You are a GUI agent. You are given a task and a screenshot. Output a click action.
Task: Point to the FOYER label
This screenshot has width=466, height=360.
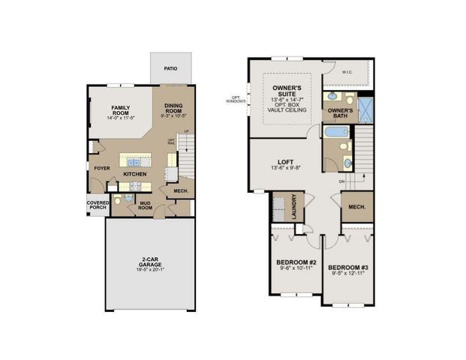tap(101, 168)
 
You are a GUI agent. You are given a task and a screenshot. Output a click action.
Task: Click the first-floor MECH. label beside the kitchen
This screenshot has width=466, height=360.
tap(180, 191)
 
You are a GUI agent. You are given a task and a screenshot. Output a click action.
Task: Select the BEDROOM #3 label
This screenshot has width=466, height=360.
tap(347, 268)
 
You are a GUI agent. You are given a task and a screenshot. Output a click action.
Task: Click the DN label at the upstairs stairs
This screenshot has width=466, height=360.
tap(342, 181)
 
